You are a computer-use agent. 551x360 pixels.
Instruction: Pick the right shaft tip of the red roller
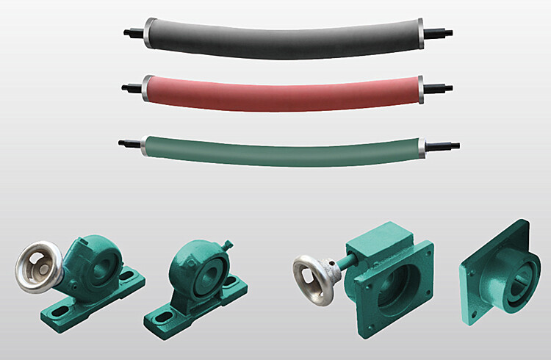click(x=444, y=85)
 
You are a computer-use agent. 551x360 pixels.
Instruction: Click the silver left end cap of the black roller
click(x=150, y=30)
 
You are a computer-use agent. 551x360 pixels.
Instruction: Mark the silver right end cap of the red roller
click(x=422, y=87)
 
